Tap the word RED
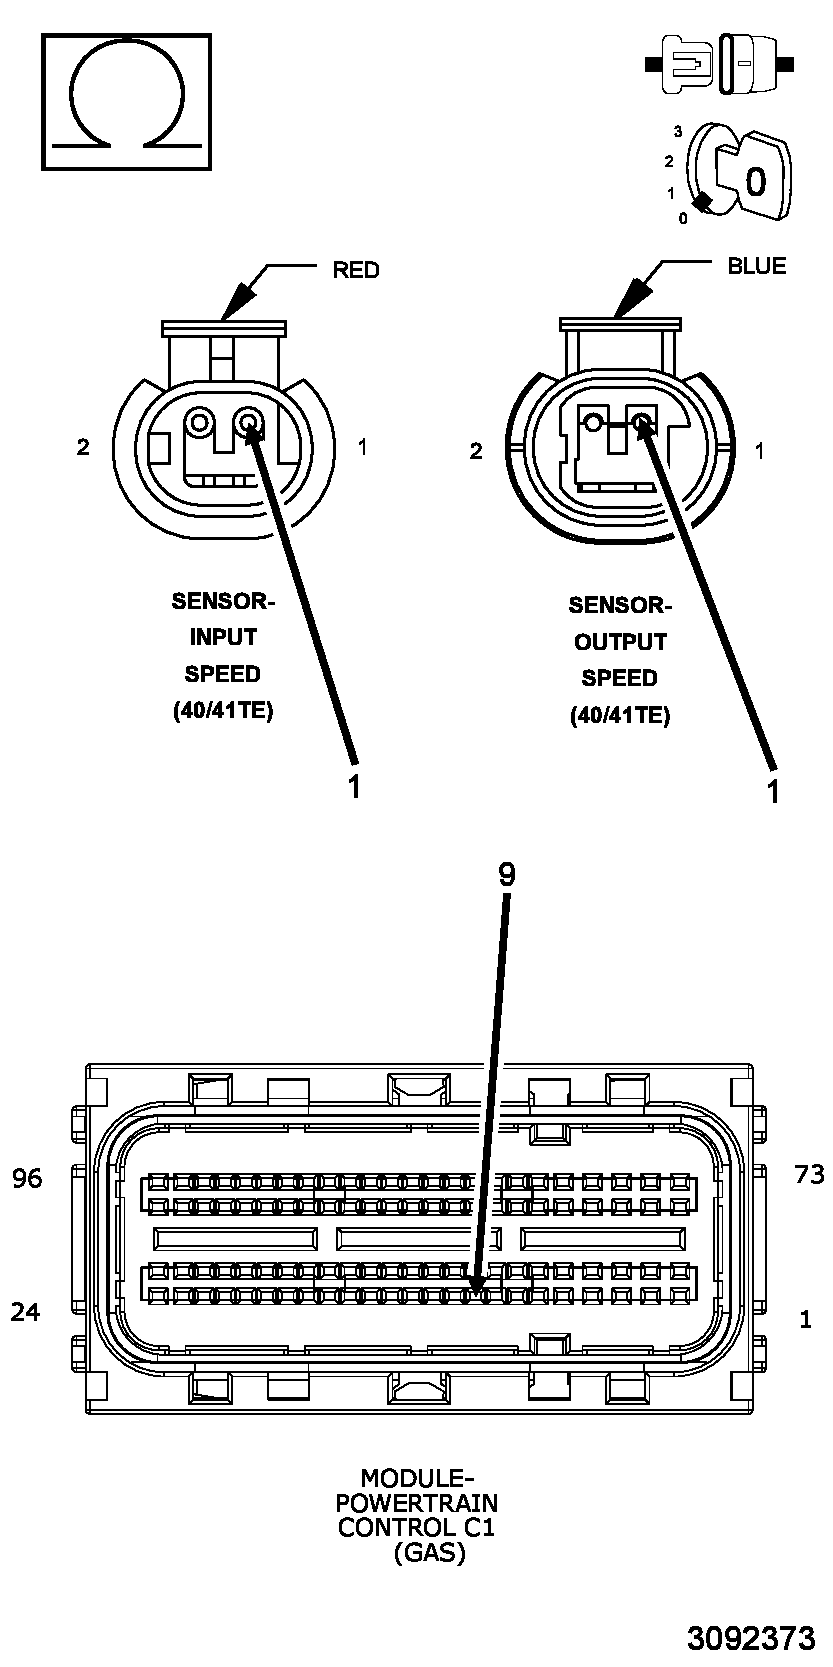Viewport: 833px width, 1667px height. [355, 270]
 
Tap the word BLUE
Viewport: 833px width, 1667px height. [756, 266]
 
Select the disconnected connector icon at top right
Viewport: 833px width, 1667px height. [721, 65]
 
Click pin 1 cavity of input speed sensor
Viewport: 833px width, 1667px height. [250, 423]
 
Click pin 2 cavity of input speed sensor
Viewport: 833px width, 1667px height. [200, 423]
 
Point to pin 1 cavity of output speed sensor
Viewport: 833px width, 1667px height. [641, 424]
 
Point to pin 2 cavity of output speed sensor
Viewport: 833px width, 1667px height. [593, 423]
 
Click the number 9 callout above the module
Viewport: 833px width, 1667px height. [507, 875]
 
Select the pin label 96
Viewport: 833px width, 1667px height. [27, 1179]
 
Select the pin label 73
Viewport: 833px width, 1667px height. [808, 1174]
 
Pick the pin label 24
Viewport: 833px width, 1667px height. [25, 1312]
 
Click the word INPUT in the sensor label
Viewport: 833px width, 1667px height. [223, 638]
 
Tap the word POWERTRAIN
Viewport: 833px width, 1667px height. [416, 1503]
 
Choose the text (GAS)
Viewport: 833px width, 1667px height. [429, 1553]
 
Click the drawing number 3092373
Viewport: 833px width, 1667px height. [751, 1639]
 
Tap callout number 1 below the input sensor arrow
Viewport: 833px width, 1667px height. [354, 785]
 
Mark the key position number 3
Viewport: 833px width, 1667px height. [678, 132]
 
